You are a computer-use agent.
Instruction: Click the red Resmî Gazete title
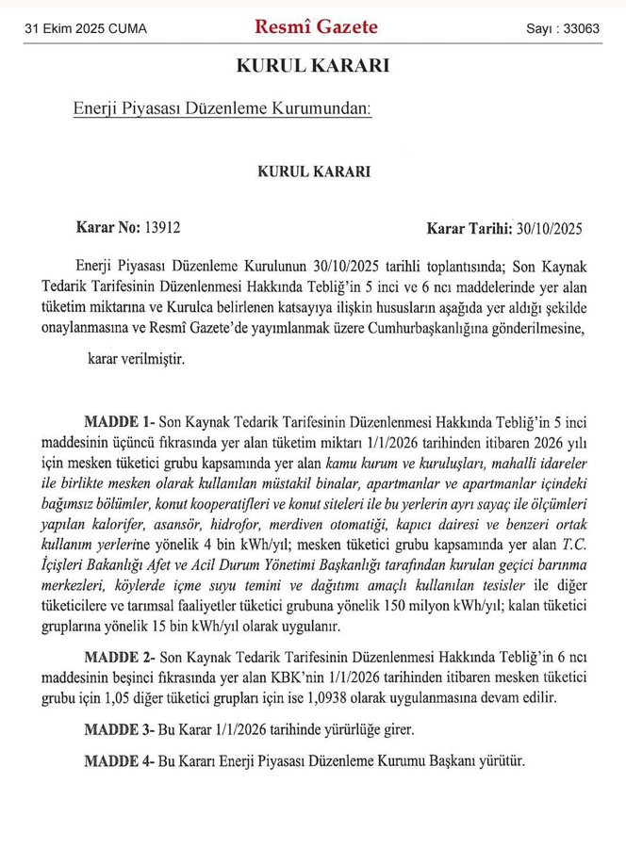tap(316, 27)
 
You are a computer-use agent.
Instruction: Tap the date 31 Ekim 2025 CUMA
tap(86, 29)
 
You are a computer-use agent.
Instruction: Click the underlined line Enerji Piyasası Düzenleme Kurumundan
tap(222, 109)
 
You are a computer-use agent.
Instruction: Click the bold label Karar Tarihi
tap(468, 227)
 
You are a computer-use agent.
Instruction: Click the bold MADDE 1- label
tap(118, 419)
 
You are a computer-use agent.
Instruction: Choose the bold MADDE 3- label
tap(118, 729)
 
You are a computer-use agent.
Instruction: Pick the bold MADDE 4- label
tap(118, 760)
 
